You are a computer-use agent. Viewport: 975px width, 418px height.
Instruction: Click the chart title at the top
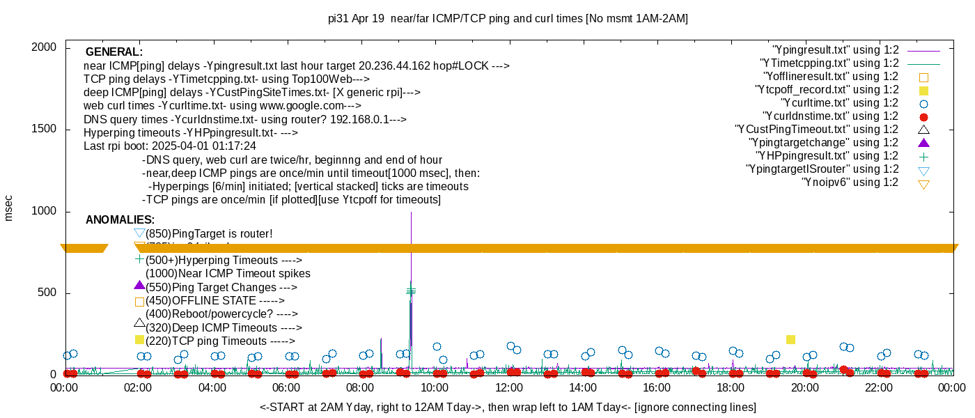[508, 19]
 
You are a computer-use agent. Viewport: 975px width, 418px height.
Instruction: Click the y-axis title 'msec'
[9, 208]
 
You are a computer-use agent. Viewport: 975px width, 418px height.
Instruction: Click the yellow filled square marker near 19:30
[790, 339]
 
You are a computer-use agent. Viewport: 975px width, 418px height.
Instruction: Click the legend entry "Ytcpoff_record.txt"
[827, 90]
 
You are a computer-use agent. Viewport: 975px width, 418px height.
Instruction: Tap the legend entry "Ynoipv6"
[850, 183]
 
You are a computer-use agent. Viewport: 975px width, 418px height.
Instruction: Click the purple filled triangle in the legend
[923, 143]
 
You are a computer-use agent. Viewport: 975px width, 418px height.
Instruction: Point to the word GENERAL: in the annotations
[114, 52]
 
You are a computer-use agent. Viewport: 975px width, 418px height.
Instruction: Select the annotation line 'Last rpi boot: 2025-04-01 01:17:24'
[169, 146]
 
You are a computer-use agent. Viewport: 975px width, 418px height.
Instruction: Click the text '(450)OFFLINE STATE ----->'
[214, 301]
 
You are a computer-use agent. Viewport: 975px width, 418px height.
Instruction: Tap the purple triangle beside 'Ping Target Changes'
[139, 286]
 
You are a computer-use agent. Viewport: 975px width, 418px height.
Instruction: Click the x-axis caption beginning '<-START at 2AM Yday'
[508, 407]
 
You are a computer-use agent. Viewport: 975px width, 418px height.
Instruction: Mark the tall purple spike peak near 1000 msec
[411, 213]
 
